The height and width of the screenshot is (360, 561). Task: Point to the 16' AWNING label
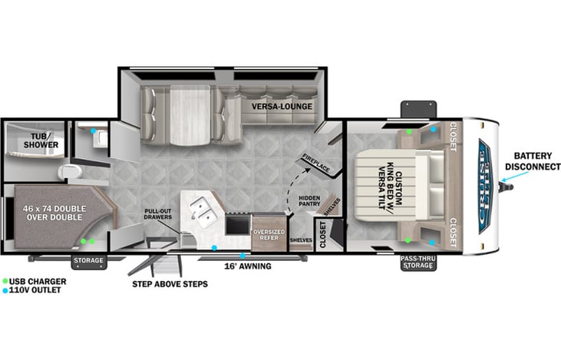246,267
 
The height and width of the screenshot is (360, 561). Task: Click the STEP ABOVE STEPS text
170,284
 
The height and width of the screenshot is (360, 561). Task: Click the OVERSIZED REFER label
269,236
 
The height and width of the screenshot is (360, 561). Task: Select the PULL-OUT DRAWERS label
163,214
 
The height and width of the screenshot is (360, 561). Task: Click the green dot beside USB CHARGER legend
5,282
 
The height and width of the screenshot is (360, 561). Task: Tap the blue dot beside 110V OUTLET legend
5,292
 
